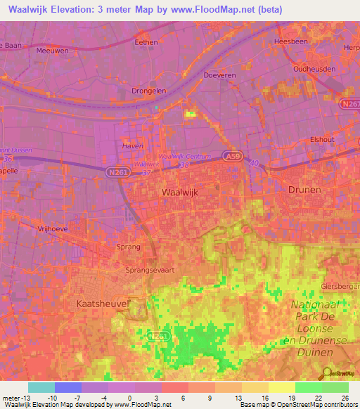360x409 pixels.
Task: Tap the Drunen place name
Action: coord(304,190)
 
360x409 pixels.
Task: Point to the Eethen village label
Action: coord(146,42)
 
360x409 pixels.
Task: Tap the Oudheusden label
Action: coord(316,70)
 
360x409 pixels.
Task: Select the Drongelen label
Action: coord(148,91)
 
